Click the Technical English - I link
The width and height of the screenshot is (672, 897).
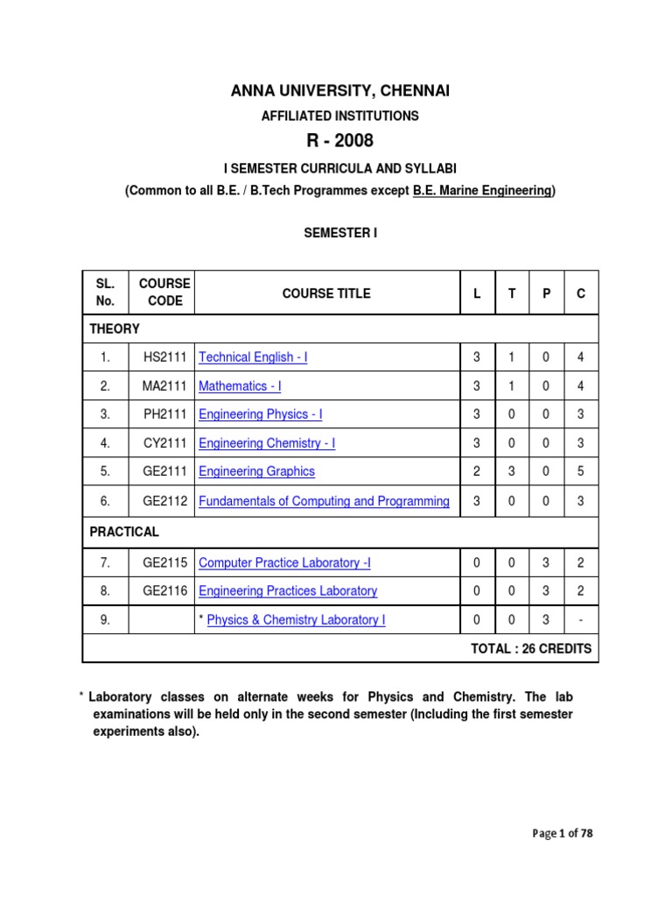coord(253,357)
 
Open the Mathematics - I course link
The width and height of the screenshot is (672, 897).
coord(240,386)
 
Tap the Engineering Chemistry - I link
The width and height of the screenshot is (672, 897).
coord(267,443)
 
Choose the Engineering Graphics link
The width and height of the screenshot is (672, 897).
coord(256,471)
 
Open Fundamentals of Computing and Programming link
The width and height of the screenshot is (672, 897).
coord(324,502)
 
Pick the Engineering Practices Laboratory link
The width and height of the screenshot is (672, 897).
coord(288,591)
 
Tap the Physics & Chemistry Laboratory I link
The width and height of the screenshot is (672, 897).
coord(296,620)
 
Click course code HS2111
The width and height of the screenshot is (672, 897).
coord(164,357)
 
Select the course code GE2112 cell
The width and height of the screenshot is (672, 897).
coord(164,502)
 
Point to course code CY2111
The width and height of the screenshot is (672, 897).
coord(164,443)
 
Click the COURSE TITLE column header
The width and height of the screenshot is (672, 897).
coord(326,293)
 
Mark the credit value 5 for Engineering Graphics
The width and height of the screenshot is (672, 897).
coord(580,471)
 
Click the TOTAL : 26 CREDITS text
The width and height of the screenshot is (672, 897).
coord(531,649)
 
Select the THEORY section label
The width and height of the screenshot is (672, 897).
coord(115,328)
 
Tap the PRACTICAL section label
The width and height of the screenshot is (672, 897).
coord(124,532)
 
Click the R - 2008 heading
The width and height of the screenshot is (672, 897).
coord(336,141)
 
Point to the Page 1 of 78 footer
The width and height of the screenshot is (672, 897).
coord(563,834)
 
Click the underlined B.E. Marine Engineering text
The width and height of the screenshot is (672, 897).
coord(482,191)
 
